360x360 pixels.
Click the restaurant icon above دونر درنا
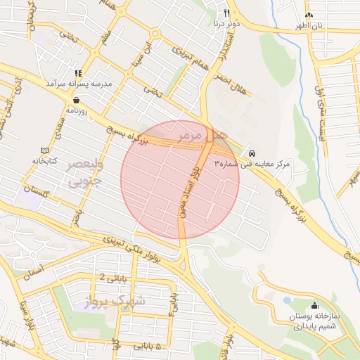(226, 13)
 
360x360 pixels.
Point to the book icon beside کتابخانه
(44, 150)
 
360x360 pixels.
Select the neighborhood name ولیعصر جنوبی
(85, 173)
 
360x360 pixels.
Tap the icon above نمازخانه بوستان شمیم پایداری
(314, 306)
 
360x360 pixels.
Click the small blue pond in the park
(287, 300)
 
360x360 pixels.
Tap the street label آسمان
(32, 271)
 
